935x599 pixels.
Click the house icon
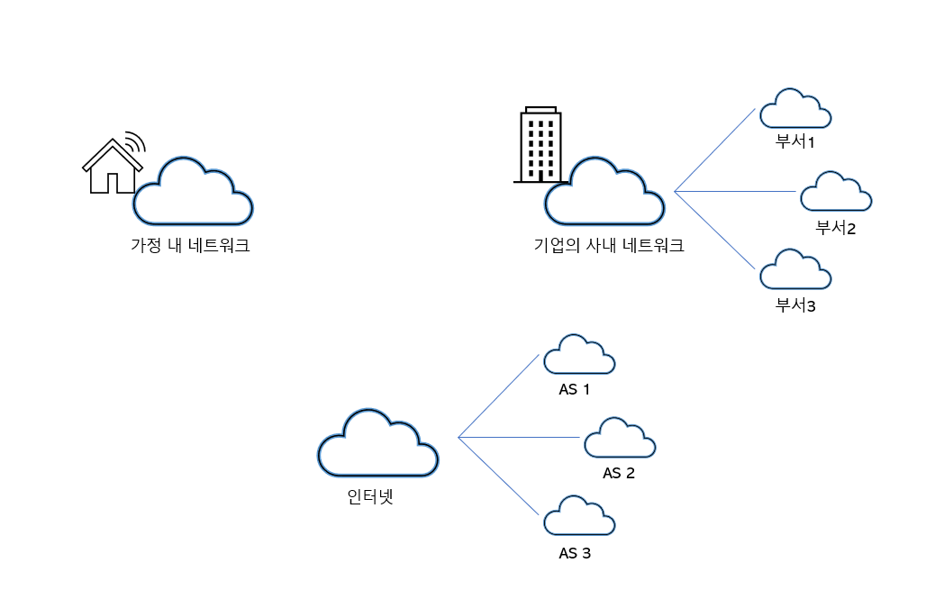[112, 169]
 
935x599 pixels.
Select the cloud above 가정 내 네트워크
[192, 192]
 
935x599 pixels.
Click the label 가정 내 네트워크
[190, 245]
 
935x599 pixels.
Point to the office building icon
[541, 146]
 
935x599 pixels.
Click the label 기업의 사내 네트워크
[609, 245]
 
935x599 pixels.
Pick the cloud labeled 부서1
[794, 110]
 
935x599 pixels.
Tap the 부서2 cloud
[835, 193]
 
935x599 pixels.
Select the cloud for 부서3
[794, 270]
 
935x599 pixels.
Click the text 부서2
[835, 227]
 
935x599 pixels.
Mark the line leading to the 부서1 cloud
[714, 150]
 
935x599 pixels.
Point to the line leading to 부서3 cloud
[714, 230]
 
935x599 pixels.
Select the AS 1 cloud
[579, 356]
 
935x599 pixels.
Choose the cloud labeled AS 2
[620, 439]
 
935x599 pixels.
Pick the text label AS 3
[575, 553]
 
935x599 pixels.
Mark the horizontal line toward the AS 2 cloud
[518, 438]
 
